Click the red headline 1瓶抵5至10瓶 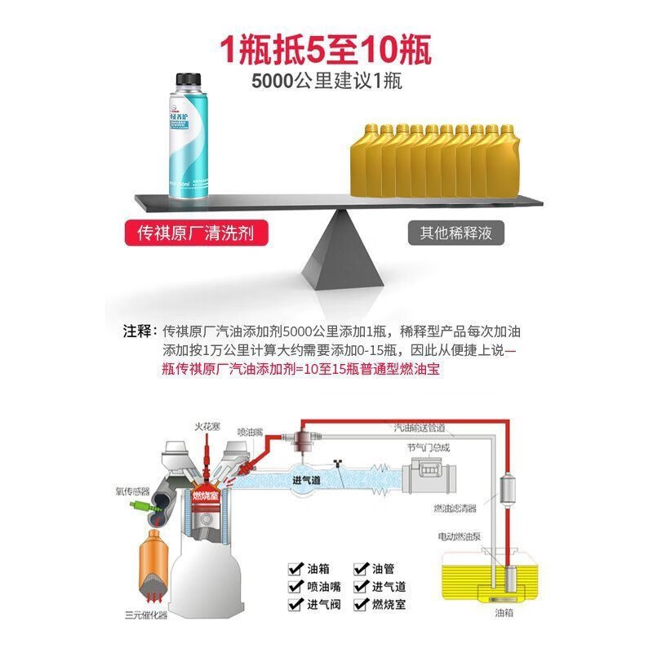326,50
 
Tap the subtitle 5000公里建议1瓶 326,82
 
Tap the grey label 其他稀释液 456,233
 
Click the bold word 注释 139,331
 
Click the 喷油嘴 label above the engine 251,432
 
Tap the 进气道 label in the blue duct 307,481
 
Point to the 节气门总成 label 428,447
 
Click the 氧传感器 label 132,491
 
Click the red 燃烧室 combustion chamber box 206,495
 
